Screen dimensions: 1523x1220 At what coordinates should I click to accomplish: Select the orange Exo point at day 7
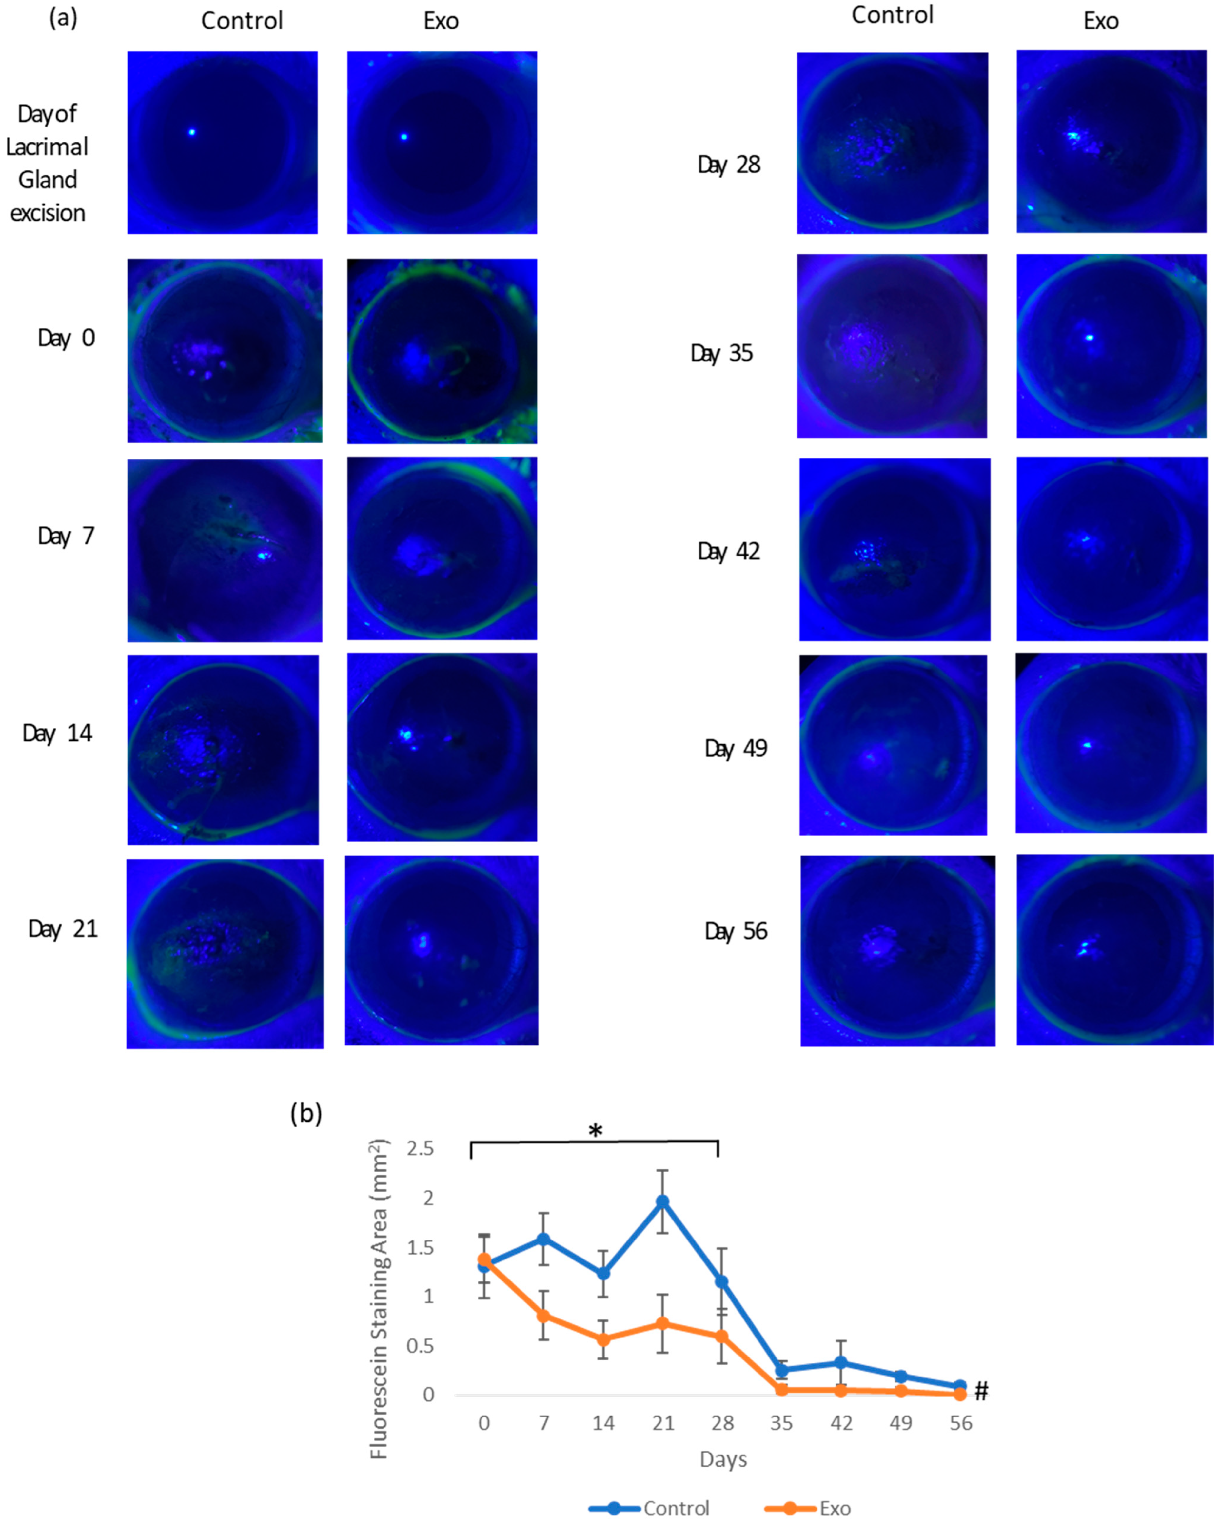pos(543,1316)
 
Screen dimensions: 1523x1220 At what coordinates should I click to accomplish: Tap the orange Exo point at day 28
pos(721,1337)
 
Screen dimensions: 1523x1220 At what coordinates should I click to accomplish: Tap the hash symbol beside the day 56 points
pos(981,1391)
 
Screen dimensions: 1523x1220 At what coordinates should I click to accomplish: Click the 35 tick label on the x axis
pos(781,1423)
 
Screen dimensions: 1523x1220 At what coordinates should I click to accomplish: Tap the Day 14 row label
pos(57,733)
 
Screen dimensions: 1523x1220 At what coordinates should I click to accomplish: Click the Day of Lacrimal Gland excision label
pos(47,163)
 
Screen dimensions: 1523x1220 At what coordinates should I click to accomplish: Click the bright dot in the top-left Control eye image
pos(191,132)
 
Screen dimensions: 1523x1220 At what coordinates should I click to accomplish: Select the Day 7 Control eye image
pos(225,550)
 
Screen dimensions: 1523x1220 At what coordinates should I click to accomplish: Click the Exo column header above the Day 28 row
pos(1101,21)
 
